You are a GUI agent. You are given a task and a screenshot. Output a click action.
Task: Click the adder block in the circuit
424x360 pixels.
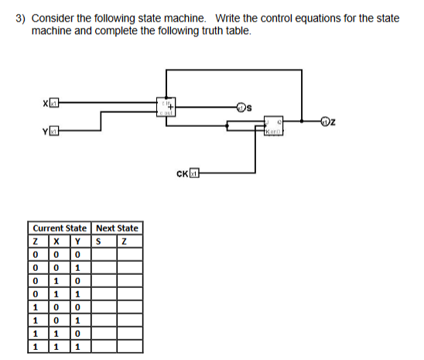166,106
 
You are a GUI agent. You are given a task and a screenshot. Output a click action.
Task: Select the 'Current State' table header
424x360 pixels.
60,228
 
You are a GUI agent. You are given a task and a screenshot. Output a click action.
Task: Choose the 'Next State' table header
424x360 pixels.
117,228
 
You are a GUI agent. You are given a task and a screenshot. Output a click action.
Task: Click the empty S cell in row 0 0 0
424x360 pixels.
103,252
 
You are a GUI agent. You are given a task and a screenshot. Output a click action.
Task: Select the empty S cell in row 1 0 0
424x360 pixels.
103,306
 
